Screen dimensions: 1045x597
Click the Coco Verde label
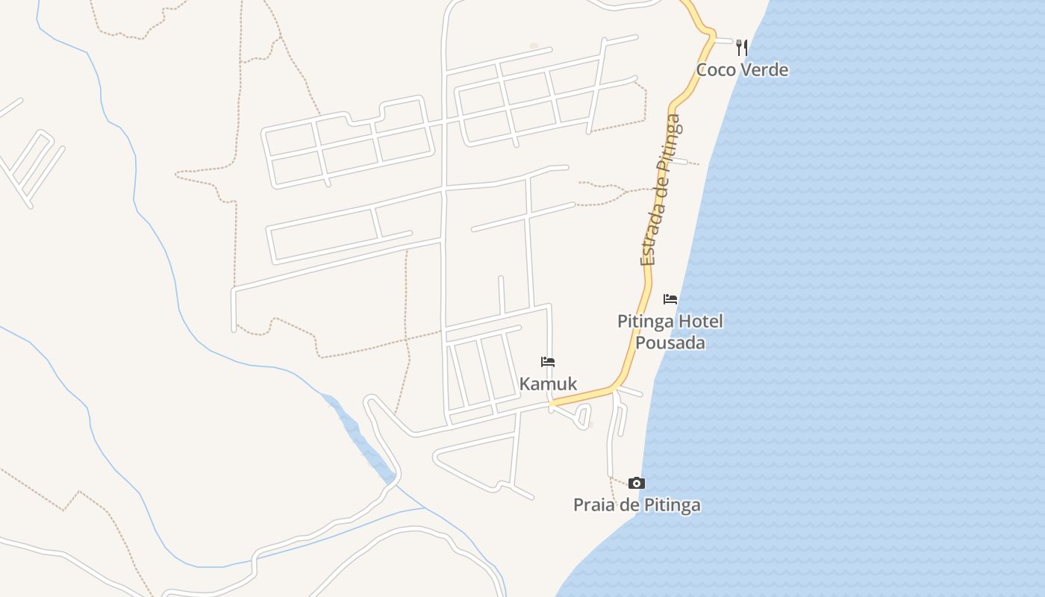[742, 69]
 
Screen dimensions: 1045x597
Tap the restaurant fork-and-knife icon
[741, 47]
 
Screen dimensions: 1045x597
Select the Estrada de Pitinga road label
[659, 190]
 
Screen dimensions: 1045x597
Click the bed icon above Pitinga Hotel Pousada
[670, 299]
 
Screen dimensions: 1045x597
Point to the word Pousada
[670, 343]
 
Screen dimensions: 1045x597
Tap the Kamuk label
[548, 384]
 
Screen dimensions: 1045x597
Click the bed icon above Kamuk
[548, 362]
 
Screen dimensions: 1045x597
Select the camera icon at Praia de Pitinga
[636, 483]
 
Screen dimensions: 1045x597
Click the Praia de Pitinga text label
[637, 504]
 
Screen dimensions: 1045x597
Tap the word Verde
[764, 69]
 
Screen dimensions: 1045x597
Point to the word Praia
[594, 504]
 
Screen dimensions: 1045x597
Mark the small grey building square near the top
[534, 46]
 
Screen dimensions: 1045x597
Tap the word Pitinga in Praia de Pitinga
[673, 505]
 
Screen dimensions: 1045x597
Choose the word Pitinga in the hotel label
[643, 322]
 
